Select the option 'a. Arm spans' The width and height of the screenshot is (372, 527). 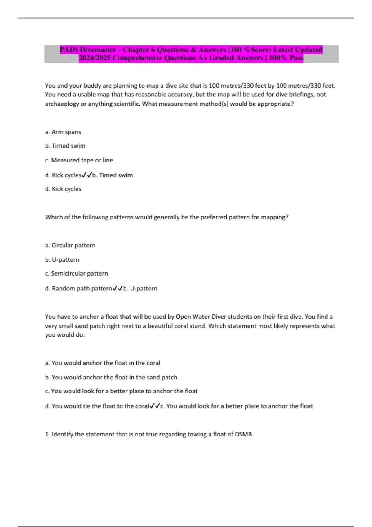(63, 132)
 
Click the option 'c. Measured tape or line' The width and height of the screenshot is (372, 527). (79, 160)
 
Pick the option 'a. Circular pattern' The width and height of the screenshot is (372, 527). (70, 245)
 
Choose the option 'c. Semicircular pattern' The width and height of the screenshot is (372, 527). (76, 273)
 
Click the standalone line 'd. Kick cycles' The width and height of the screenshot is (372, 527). (63, 189)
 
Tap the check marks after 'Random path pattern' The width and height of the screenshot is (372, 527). (117, 288)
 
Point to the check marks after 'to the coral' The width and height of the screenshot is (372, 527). (155, 406)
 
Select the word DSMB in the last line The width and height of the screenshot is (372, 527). (244, 434)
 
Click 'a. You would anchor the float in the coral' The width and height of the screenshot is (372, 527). (103, 363)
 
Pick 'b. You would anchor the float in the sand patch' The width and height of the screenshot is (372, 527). (111, 377)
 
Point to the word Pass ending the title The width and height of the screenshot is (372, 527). (296, 58)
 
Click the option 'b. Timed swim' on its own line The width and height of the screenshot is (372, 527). (65, 146)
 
